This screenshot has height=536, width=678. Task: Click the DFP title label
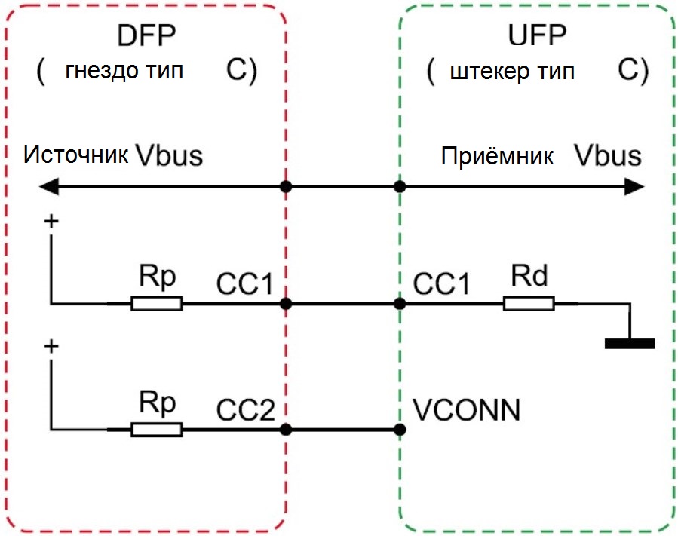point(146,35)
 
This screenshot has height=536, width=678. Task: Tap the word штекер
point(489,72)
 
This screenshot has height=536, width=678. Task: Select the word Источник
point(75,155)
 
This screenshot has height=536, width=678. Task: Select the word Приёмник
point(497,156)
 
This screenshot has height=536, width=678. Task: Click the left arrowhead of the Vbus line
point(49,187)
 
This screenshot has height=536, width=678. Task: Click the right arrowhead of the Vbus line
point(634,187)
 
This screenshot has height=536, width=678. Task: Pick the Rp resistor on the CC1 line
point(157,304)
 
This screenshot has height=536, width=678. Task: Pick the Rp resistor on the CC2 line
point(157,430)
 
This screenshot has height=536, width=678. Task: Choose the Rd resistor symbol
point(529,304)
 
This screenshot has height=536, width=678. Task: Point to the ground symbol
point(630,344)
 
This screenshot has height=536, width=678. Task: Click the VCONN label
point(466,410)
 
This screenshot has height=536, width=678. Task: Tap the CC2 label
point(245,410)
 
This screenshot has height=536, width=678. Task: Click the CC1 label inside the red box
point(245,284)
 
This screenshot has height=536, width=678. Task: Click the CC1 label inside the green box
point(441,284)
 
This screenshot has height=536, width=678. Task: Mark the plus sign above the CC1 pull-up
point(51,222)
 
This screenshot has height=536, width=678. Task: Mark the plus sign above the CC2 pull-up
point(51,346)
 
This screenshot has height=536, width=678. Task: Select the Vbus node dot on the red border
point(286,187)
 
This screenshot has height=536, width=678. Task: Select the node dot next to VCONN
point(400,430)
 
